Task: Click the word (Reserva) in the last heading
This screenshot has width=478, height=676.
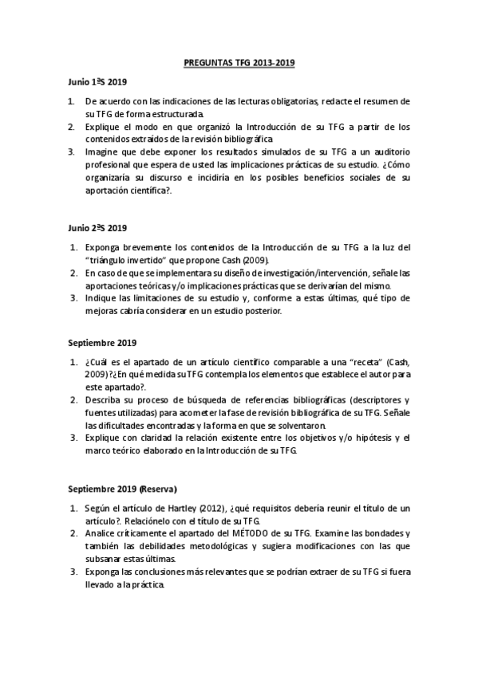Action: (158, 487)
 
